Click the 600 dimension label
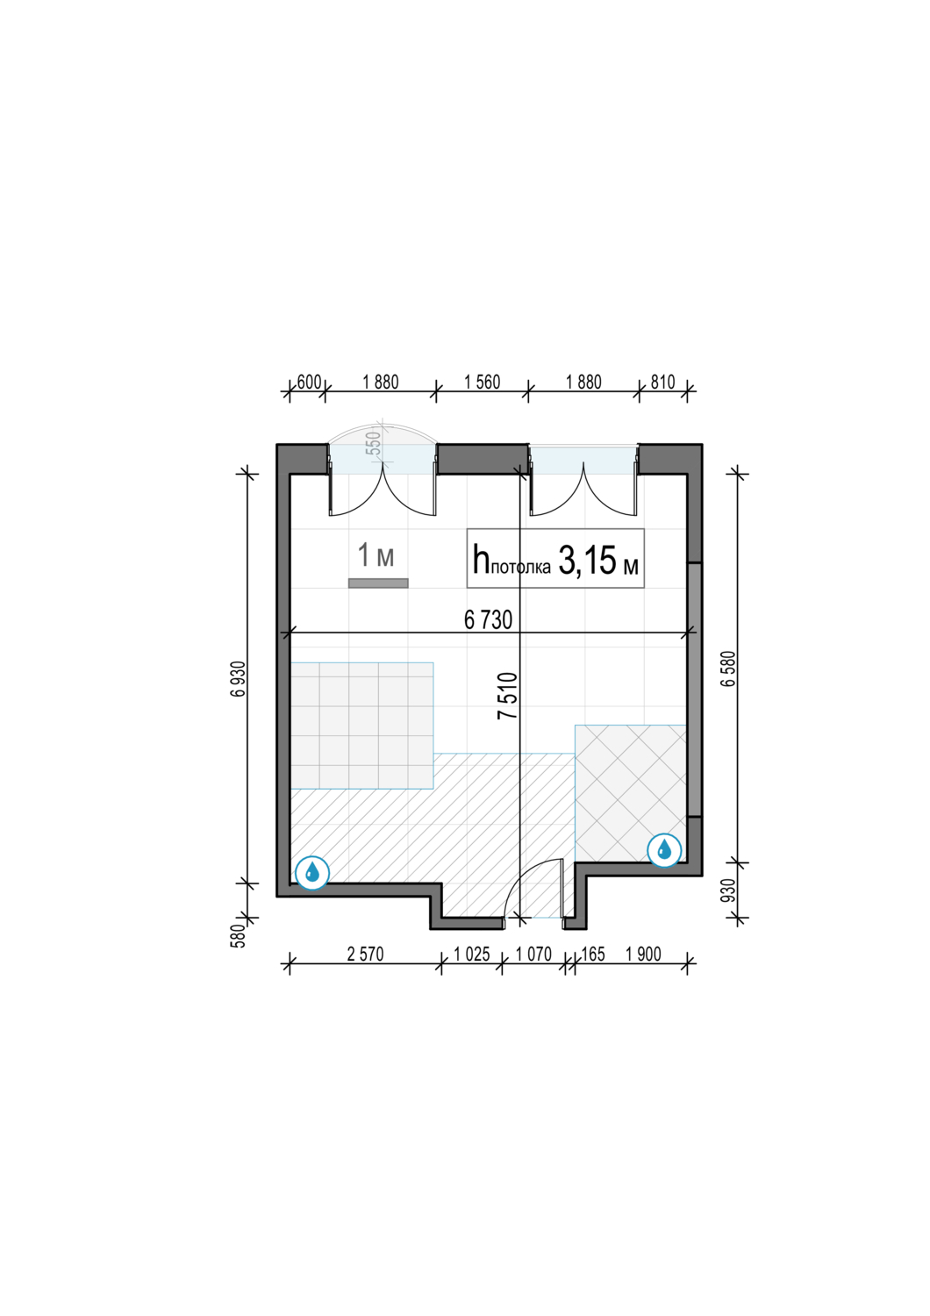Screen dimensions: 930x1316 click(309, 382)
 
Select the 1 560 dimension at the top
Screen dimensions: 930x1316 click(482, 382)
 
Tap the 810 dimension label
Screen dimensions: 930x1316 click(662, 382)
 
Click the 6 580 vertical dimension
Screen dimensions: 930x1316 click(729, 668)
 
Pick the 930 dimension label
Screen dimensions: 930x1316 click(728, 890)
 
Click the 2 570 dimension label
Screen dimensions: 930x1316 click(365, 955)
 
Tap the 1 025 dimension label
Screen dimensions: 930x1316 click(472, 955)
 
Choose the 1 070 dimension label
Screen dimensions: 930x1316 click(533, 955)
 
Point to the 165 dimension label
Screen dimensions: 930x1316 click(592, 955)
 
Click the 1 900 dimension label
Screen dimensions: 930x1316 click(643, 955)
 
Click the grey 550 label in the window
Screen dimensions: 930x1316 click(374, 445)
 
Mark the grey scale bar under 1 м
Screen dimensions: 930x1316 click(378, 583)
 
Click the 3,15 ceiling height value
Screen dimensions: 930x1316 click(587, 561)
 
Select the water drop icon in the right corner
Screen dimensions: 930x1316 click(664, 849)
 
